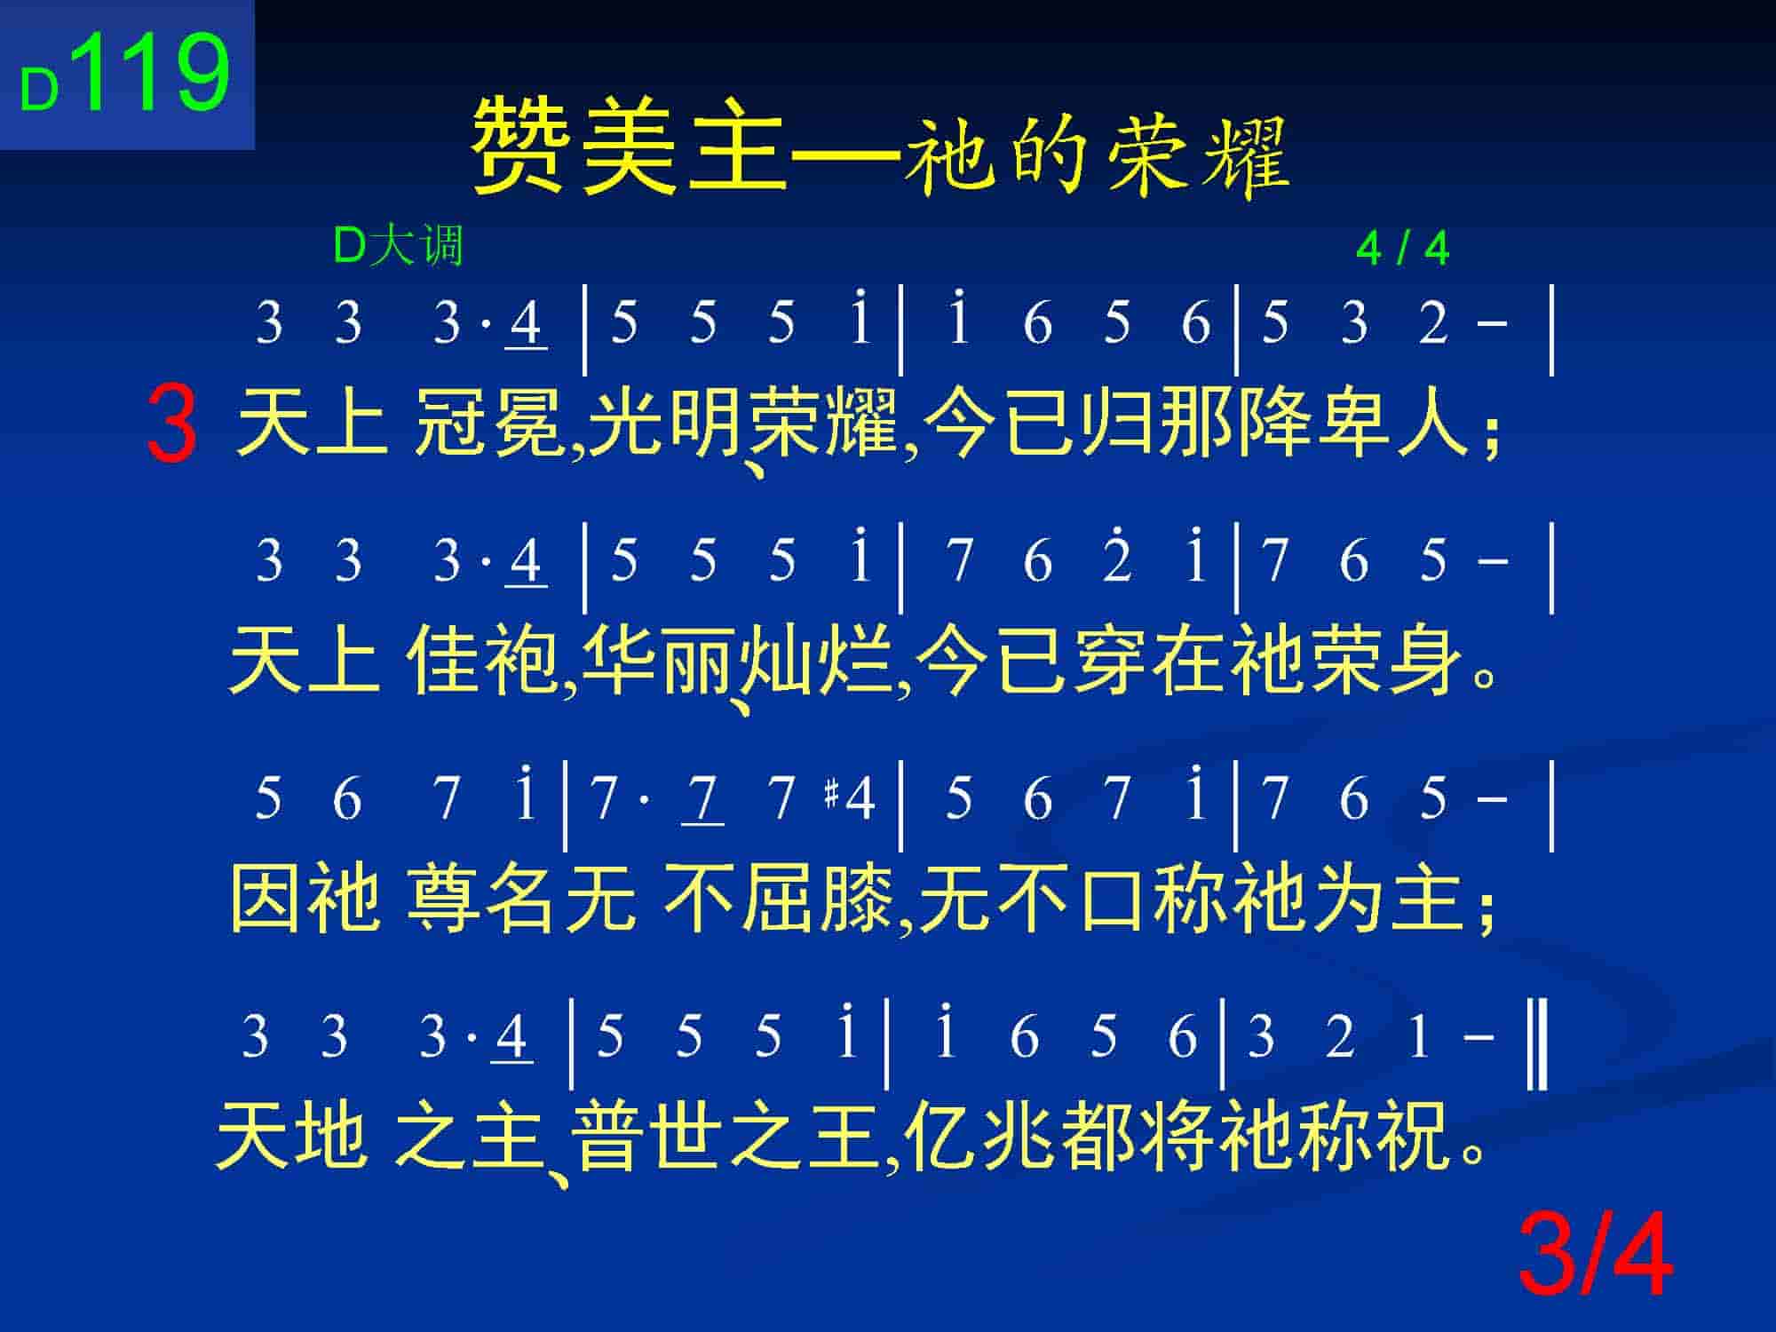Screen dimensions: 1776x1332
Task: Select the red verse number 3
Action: [x=172, y=424]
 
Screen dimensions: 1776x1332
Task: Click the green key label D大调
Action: [x=398, y=245]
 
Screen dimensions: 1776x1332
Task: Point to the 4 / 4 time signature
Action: [x=1403, y=249]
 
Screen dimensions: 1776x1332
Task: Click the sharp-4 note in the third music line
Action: [x=851, y=797]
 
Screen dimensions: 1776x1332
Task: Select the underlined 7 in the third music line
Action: [x=702, y=799]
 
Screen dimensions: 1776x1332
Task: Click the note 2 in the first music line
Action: [x=1432, y=322]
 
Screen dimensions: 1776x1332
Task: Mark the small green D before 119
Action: [x=39, y=91]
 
